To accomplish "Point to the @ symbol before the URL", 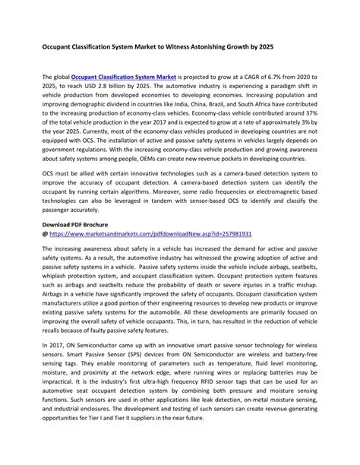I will [x=45, y=236].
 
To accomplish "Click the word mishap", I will [x=305, y=296].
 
